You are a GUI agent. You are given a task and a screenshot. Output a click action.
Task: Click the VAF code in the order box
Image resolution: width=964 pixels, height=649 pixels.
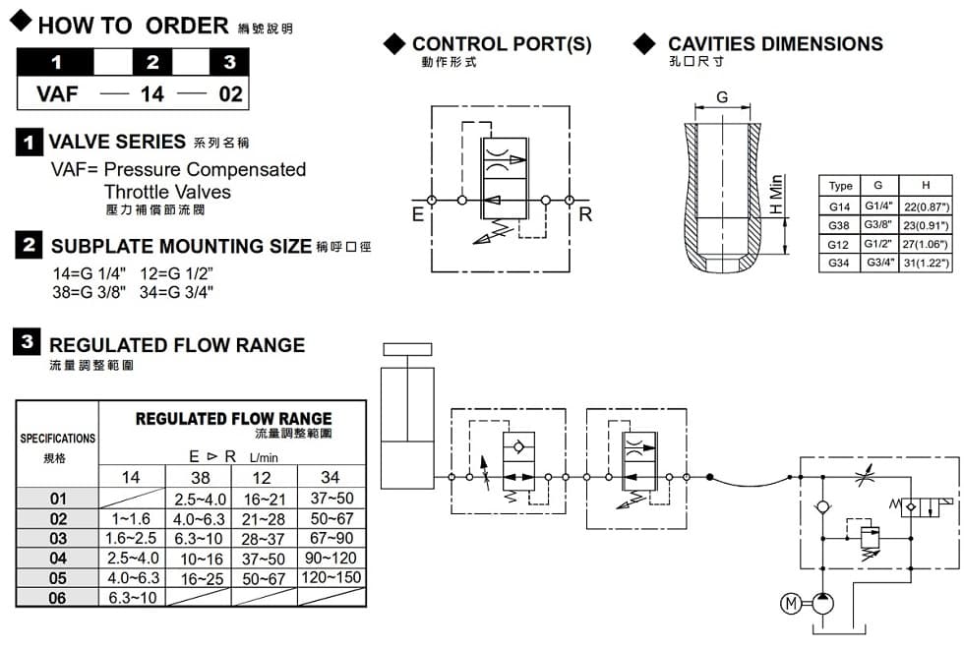click(x=56, y=95)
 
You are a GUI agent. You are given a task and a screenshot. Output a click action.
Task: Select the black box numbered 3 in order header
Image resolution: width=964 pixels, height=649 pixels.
click(x=229, y=62)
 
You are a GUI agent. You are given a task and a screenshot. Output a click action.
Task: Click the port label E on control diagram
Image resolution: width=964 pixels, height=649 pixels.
click(x=417, y=214)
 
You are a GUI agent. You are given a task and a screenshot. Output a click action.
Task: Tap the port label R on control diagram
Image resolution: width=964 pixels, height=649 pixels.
click(x=585, y=214)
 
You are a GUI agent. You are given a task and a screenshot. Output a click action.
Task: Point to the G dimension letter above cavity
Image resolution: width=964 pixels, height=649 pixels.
click(x=722, y=96)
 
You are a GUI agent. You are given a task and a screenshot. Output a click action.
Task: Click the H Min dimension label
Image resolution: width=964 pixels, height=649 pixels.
click(x=777, y=196)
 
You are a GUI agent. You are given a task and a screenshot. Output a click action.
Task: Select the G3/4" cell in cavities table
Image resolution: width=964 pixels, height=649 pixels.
click(x=878, y=264)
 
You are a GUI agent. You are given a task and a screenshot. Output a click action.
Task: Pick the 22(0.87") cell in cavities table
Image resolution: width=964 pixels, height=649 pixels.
click(x=925, y=206)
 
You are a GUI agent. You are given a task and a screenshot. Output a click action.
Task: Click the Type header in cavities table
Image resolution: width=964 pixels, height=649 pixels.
click(x=841, y=186)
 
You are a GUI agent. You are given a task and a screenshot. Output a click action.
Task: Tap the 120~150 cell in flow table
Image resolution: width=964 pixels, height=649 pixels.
click(x=331, y=577)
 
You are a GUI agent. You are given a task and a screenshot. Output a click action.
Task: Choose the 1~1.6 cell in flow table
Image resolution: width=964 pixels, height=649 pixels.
click(x=131, y=518)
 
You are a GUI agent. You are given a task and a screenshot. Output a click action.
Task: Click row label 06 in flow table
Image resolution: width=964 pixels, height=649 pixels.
click(x=58, y=597)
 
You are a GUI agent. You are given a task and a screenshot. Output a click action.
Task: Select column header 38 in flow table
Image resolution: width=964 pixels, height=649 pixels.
click(x=199, y=478)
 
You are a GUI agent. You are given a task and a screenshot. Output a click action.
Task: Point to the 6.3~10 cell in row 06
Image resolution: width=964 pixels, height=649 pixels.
click(x=131, y=597)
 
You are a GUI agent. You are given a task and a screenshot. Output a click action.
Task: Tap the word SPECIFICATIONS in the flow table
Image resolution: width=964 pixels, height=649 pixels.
click(x=58, y=438)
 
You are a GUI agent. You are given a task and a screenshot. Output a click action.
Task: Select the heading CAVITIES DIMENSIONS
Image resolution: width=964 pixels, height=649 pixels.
click(x=775, y=43)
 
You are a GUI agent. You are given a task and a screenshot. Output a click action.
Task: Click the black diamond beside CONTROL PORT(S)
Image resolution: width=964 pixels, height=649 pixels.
click(x=394, y=43)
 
